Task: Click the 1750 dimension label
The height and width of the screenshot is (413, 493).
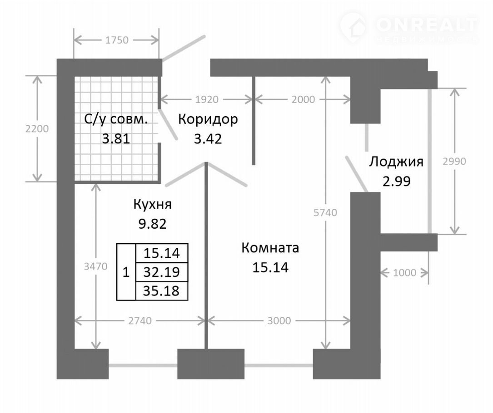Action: tap(117, 40)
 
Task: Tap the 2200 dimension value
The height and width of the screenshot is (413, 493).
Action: tap(37, 129)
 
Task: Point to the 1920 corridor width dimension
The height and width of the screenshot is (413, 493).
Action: tap(207, 99)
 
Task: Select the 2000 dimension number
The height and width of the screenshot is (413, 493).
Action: tap(303, 99)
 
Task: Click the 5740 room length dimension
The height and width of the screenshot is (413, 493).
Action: tap(325, 212)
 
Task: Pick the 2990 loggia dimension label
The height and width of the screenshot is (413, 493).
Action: tap(454, 162)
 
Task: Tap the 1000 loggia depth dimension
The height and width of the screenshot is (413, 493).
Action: tap(405, 273)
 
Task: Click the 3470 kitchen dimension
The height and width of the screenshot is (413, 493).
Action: tap(95, 266)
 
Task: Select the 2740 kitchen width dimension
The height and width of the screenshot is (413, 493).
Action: tap(140, 321)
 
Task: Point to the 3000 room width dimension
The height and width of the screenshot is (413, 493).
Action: tap(279, 321)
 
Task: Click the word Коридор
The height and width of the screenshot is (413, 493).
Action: tap(208, 119)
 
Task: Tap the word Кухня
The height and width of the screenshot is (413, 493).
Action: tap(153, 205)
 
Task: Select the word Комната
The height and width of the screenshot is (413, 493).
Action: tap(270, 248)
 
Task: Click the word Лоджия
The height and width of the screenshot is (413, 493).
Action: tap(396, 162)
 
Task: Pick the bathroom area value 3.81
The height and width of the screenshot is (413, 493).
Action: tap(116, 138)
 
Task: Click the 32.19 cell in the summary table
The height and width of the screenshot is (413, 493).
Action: tap(162, 272)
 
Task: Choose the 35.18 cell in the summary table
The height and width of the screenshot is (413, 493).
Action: tap(162, 291)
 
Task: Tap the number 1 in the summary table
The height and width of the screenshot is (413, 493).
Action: tap(126, 272)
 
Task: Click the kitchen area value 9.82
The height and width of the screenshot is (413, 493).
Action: tap(153, 224)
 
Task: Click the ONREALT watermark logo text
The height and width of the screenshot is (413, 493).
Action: tap(427, 25)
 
